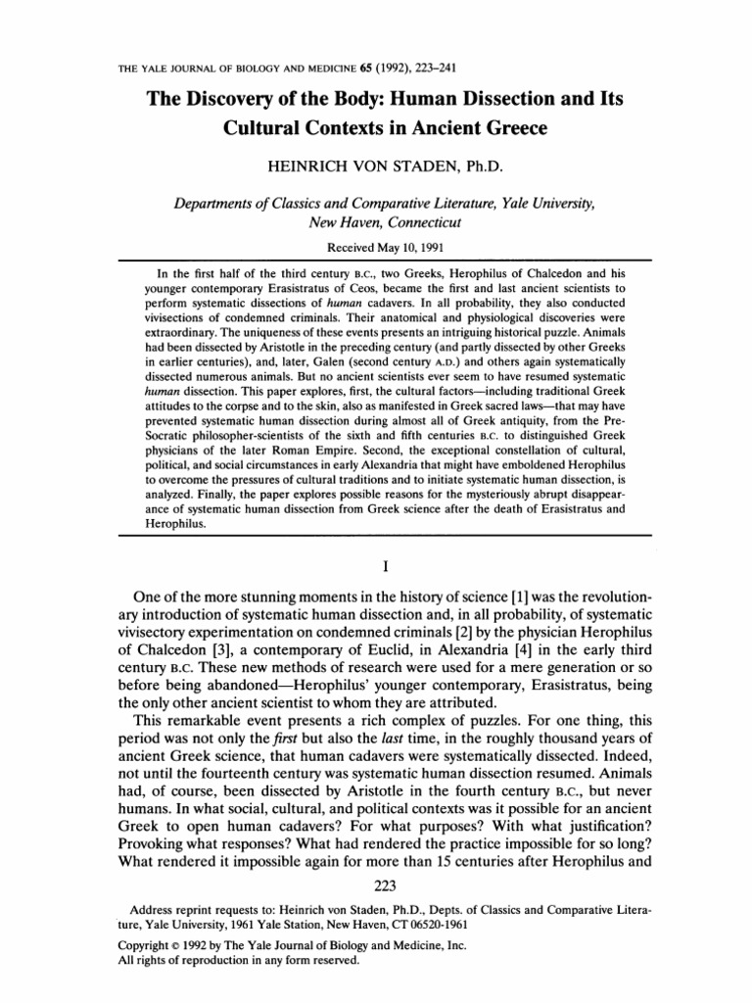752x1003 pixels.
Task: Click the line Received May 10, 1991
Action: tap(376, 248)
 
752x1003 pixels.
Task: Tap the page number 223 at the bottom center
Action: tap(376, 901)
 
